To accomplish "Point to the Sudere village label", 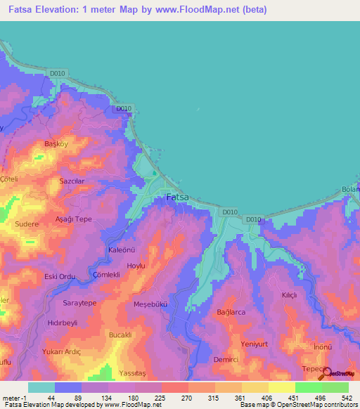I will click(x=27, y=224).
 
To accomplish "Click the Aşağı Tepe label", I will click(x=74, y=219).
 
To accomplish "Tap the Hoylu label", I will click(x=135, y=266).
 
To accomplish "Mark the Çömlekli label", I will click(x=108, y=275).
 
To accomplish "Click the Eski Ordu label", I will click(x=60, y=275).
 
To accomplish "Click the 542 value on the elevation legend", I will click(x=345, y=398).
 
